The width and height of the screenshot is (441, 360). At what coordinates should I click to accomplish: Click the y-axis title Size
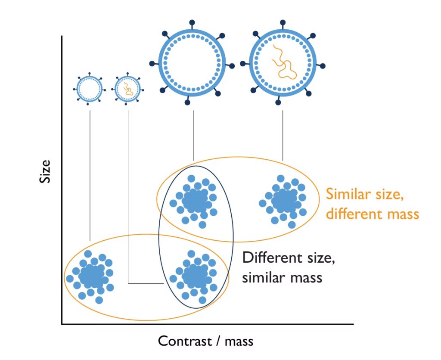(45, 171)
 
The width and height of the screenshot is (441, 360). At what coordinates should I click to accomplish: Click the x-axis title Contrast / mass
(205, 341)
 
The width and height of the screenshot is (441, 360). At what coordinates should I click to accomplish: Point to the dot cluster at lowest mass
(90, 276)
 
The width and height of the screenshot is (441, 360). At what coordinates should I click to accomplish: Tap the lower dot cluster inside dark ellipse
(194, 276)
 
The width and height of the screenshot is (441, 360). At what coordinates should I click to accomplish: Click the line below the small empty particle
(90, 172)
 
